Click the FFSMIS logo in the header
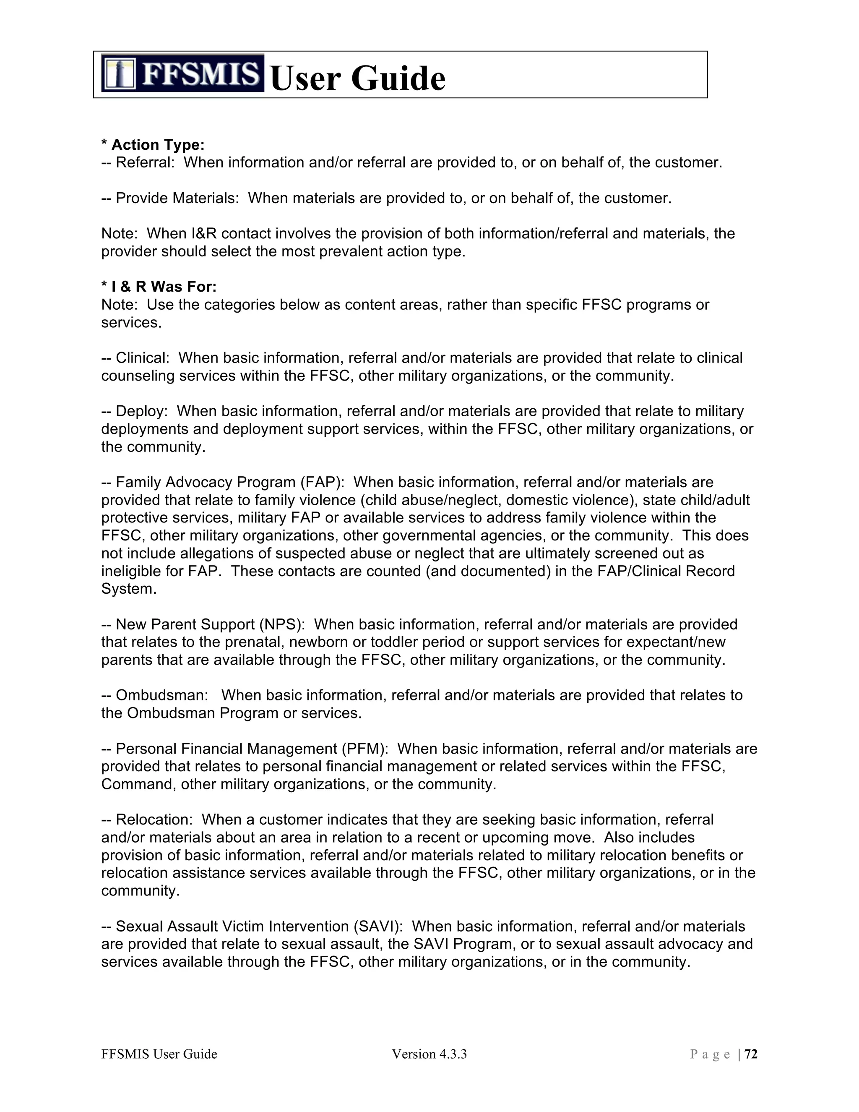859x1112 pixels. coord(182,73)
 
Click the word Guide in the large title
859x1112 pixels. coord(398,79)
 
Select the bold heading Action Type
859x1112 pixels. coord(158,145)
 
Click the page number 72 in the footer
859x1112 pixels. coord(751,1054)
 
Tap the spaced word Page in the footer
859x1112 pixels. coord(711,1054)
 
